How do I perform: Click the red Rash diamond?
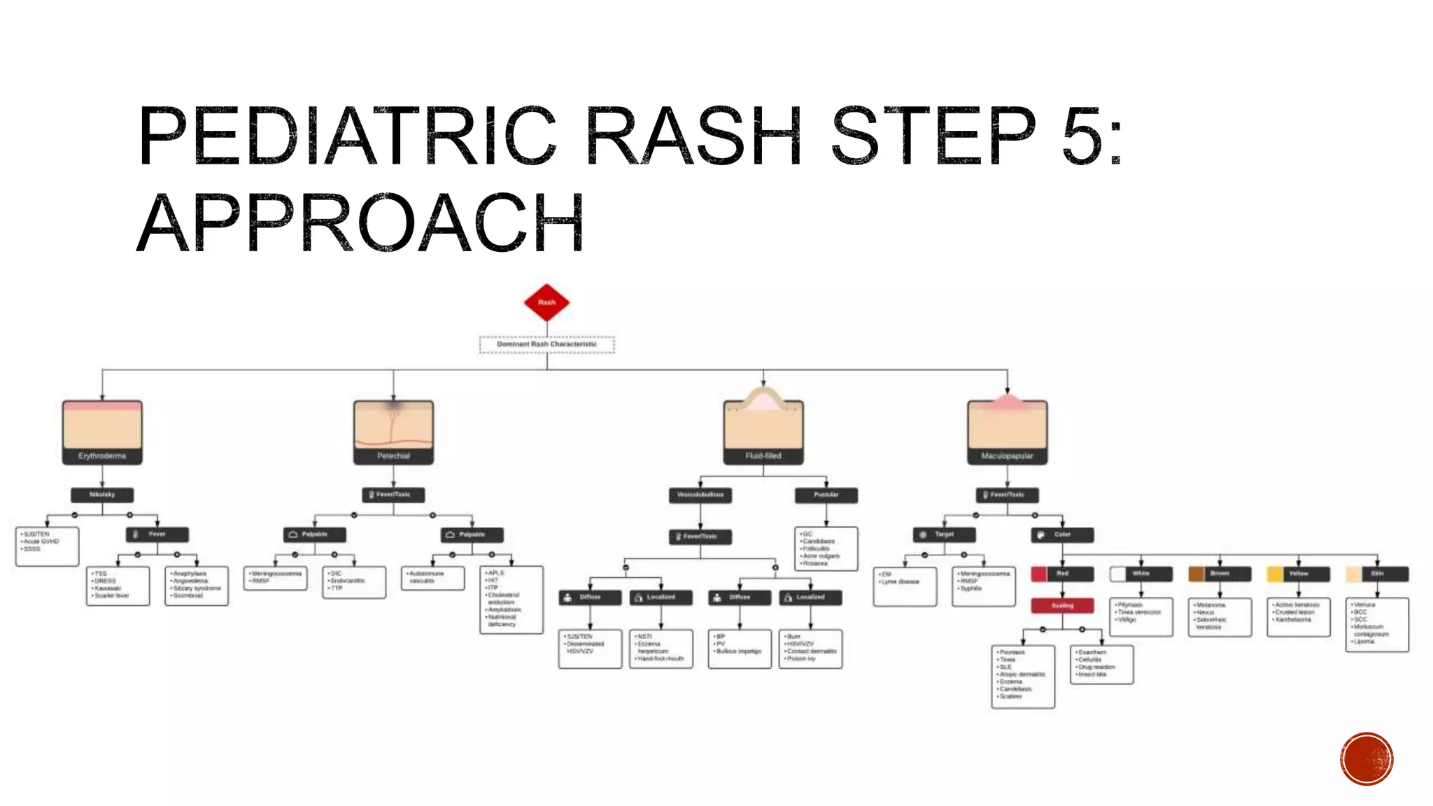546,302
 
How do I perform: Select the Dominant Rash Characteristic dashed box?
546,344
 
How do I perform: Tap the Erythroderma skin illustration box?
102,432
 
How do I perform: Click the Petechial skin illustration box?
393,432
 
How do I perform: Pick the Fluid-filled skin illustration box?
763,432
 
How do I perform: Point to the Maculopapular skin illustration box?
1007,432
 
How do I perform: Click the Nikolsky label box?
102,495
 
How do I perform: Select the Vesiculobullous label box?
700,495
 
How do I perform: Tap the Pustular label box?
826,495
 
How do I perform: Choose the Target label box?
944,535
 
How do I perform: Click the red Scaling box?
1062,605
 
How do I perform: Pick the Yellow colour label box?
1299,574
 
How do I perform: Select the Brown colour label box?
1220,574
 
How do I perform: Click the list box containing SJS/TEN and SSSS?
47,546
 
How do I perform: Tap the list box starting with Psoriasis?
1023,676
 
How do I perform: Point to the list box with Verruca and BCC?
1377,624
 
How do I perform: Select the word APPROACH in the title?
360,223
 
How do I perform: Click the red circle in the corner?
1367,758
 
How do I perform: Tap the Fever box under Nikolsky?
157,535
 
